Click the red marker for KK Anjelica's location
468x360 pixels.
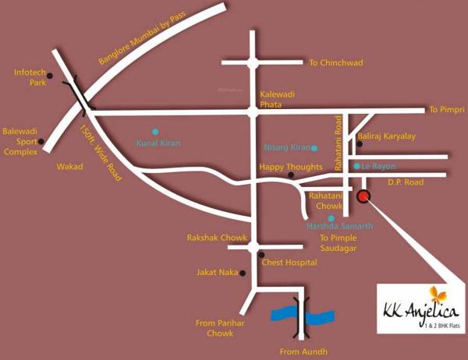tap(363, 196)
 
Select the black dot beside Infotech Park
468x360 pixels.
tap(49, 76)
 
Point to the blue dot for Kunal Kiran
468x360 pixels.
tap(155, 131)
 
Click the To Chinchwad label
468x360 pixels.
tap(336, 62)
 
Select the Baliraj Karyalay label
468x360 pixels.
tap(386, 136)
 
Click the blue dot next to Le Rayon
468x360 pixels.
tap(356, 166)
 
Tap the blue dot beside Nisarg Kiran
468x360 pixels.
tap(314, 147)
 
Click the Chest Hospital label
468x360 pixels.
tap(289, 263)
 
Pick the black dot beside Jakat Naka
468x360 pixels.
tap(243, 274)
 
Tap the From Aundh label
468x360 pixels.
tap(300, 351)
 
